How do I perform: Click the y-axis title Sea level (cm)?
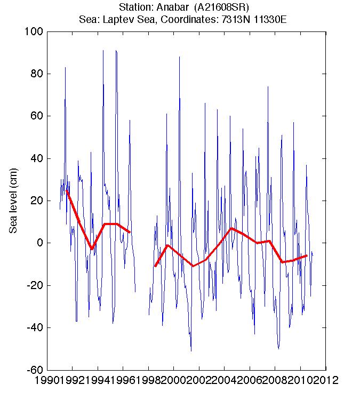[14, 201]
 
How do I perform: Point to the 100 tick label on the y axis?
[34, 31]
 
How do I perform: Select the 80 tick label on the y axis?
[36, 74]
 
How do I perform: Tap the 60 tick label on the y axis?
[36, 116]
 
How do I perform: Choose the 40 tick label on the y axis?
[36, 158]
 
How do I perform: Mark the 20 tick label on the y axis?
[36, 201]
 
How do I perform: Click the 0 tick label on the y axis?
[39, 243]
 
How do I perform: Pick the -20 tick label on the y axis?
[34, 285]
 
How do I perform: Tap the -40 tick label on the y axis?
[34, 327]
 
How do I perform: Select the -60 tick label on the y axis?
[34, 370]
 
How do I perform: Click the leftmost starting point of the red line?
[67, 190]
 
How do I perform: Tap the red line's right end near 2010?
[307, 255]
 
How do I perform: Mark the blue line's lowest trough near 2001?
[191, 350]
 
